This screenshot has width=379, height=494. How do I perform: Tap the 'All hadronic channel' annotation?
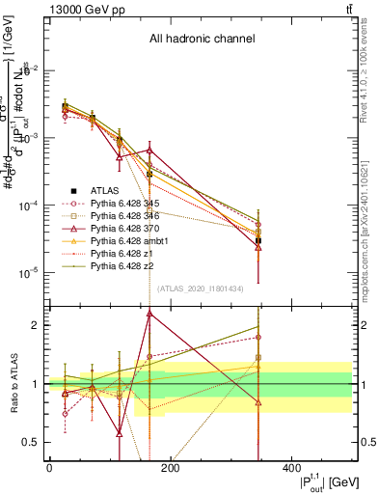click(202, 40)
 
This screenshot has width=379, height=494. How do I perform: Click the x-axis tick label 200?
click(170, 468)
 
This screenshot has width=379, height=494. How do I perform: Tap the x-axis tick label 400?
click(290, 468)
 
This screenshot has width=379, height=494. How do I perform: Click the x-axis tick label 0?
click(49, 468)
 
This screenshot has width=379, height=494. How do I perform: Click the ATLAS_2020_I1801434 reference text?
click(202, 288)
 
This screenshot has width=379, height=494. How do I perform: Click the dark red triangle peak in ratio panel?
click(149, 314)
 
